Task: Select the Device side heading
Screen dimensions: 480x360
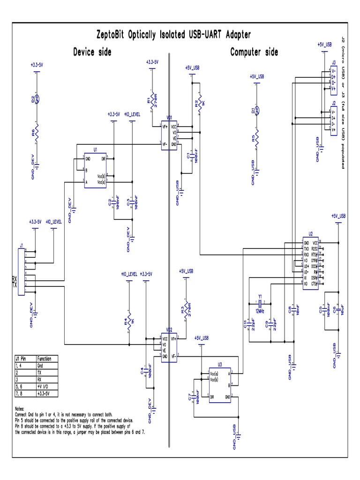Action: (x=92, y=52)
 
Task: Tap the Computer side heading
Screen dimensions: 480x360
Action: (x=254, y=52)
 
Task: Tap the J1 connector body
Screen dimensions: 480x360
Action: (x=21, y=272)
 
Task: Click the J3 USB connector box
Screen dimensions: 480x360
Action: (x=334, y=78)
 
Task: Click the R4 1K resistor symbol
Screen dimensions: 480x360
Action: (x=130, y=322)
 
